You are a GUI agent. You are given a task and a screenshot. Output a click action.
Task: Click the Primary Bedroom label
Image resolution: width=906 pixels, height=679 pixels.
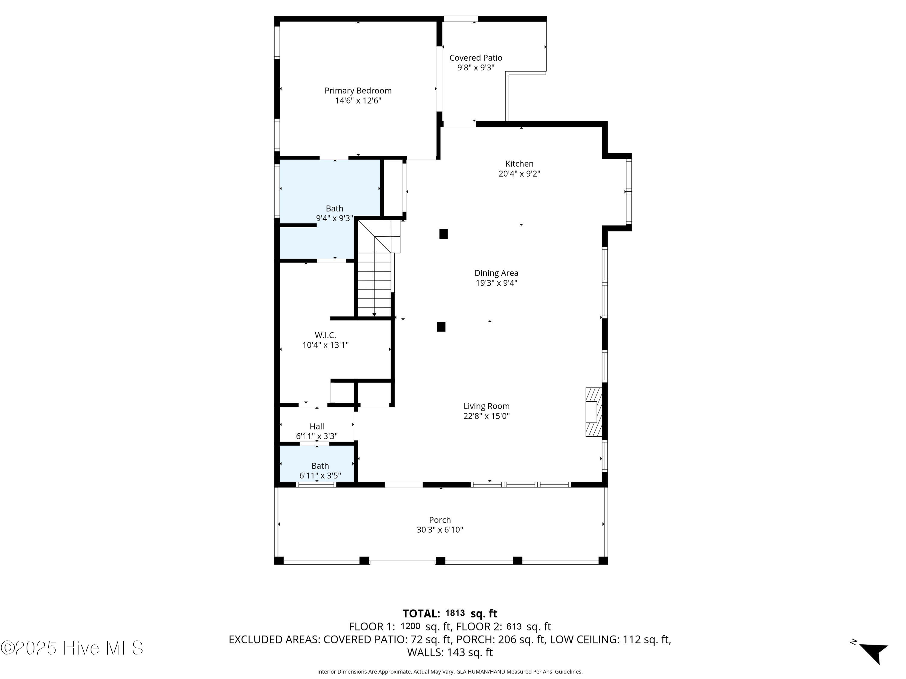coord(358,91)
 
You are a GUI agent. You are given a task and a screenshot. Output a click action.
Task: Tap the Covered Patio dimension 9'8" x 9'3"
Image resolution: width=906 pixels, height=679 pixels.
coord(476,68)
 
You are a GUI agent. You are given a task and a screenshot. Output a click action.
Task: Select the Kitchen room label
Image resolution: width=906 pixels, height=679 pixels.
coord(519,164)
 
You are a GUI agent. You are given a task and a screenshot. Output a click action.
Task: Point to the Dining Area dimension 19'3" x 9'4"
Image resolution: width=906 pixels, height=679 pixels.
coord(496,283)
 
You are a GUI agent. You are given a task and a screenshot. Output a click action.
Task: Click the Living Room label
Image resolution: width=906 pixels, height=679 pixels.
coord(487,406)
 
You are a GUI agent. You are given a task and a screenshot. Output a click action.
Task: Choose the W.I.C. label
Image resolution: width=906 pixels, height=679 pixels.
coord(325,335)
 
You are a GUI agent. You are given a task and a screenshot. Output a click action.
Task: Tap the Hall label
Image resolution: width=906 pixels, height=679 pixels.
coord(317,426)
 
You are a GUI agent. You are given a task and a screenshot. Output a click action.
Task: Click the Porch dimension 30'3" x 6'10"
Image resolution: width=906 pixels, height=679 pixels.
coord(440,530)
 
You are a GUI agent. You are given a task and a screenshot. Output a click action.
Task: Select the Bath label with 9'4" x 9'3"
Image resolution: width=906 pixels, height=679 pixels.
coord(335,208)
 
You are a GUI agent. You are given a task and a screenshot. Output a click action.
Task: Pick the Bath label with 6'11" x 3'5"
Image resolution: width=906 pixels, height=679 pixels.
coord(320,466)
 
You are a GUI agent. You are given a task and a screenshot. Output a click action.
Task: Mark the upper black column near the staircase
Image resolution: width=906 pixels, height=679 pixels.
coord(444,234)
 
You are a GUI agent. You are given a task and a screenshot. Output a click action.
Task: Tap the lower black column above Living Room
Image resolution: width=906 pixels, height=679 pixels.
coord(441,327)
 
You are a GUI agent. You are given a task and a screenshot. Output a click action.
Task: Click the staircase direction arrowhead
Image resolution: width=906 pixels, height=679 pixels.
coord(374,314)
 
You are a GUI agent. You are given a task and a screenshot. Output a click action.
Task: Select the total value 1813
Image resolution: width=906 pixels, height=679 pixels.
coord(455,613)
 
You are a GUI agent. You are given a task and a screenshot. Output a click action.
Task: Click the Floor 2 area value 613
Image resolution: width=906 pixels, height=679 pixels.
coord(514,626)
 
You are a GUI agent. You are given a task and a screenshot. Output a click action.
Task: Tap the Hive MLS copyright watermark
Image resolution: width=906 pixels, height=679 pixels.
coord(72,648)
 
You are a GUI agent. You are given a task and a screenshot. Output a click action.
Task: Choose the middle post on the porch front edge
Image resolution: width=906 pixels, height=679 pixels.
coord(440,561)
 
